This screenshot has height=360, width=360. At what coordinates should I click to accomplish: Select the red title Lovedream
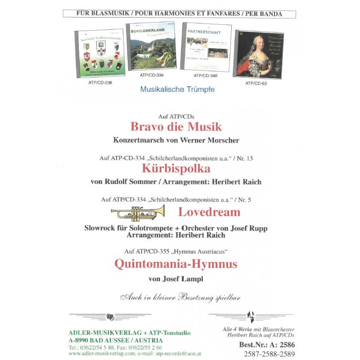click(x=209, y=211)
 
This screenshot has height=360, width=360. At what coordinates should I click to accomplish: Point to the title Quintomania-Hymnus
click(x=175, y=263)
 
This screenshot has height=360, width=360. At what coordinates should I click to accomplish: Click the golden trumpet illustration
click(x=138, y=212)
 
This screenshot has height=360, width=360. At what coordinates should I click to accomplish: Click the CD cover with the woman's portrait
click(x=259, y=54)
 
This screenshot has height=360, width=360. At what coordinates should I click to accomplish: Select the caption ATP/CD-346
click(x=205, y=76)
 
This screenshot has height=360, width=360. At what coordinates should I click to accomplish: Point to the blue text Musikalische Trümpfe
click(x=177, y=90)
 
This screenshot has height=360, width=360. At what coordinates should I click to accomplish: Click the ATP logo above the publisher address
click(x=110, y=316)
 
